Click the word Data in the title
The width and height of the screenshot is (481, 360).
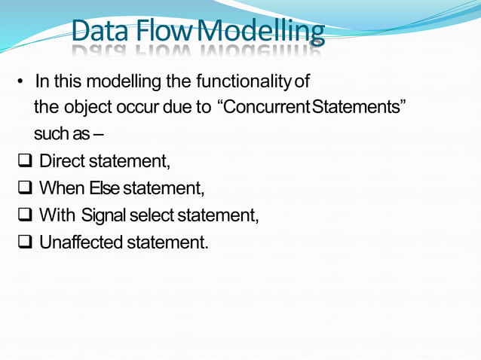click(103, 32)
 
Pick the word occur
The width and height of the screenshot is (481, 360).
click(133, 107)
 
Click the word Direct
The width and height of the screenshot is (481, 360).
click(62, 161)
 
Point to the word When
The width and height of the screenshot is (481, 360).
click(61, 188)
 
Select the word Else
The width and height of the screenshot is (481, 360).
click(104, 188)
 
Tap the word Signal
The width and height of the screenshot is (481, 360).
click(103, 215)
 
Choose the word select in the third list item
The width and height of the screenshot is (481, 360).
click(151, 215)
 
